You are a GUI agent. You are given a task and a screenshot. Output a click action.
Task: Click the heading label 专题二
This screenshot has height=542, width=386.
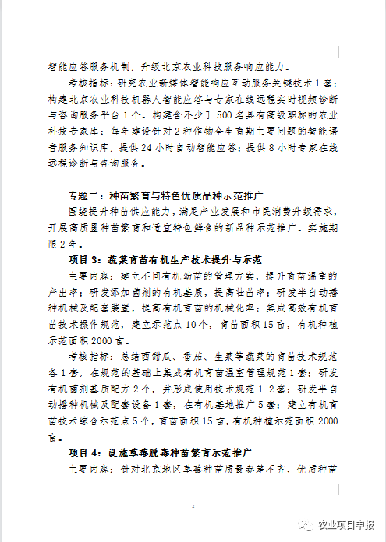pos(87,195)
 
